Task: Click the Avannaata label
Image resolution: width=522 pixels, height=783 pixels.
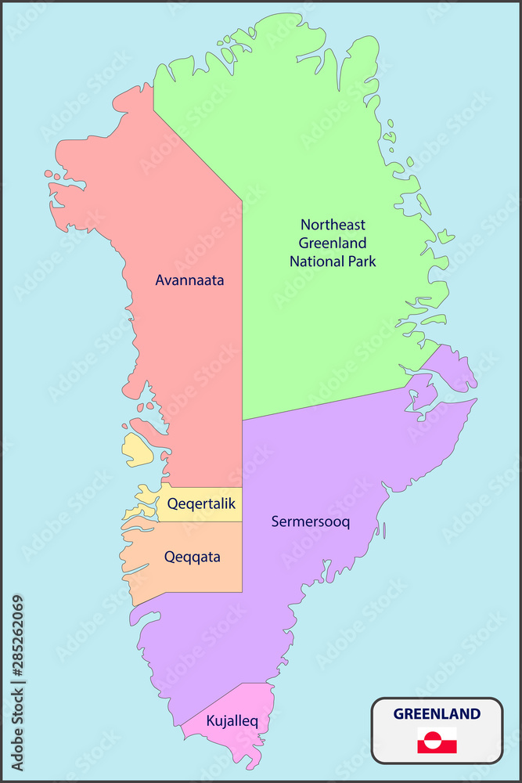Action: point(189,280)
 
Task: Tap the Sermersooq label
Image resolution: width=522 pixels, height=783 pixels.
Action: point(310,521)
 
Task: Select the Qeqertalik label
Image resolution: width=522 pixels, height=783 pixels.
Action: point(201,503)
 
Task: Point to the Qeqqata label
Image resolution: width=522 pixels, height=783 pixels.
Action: point(192,557)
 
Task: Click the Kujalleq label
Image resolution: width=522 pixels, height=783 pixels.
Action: point(227,720)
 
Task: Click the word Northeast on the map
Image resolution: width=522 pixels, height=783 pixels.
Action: point(333,225)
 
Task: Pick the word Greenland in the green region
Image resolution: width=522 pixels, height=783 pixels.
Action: point(333,243)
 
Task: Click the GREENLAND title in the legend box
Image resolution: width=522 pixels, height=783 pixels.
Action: point(437,713)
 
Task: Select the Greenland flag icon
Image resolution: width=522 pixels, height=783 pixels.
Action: point(437,740)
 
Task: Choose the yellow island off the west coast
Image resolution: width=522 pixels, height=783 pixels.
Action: point(138,450)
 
